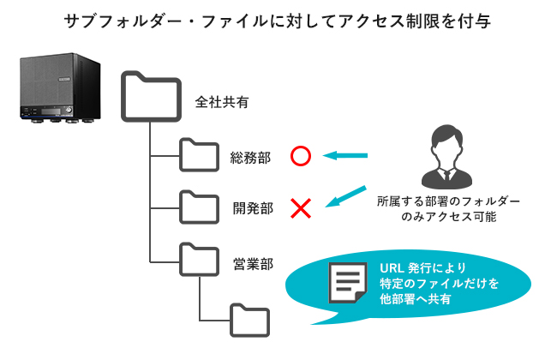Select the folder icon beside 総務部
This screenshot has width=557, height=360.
click(199, 155)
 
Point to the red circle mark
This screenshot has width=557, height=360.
click(300, 156)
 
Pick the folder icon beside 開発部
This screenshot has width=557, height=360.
click(199, 206)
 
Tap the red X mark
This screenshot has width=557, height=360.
click(300, 207)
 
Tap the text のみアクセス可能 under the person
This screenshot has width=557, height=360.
click(446, 218)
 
